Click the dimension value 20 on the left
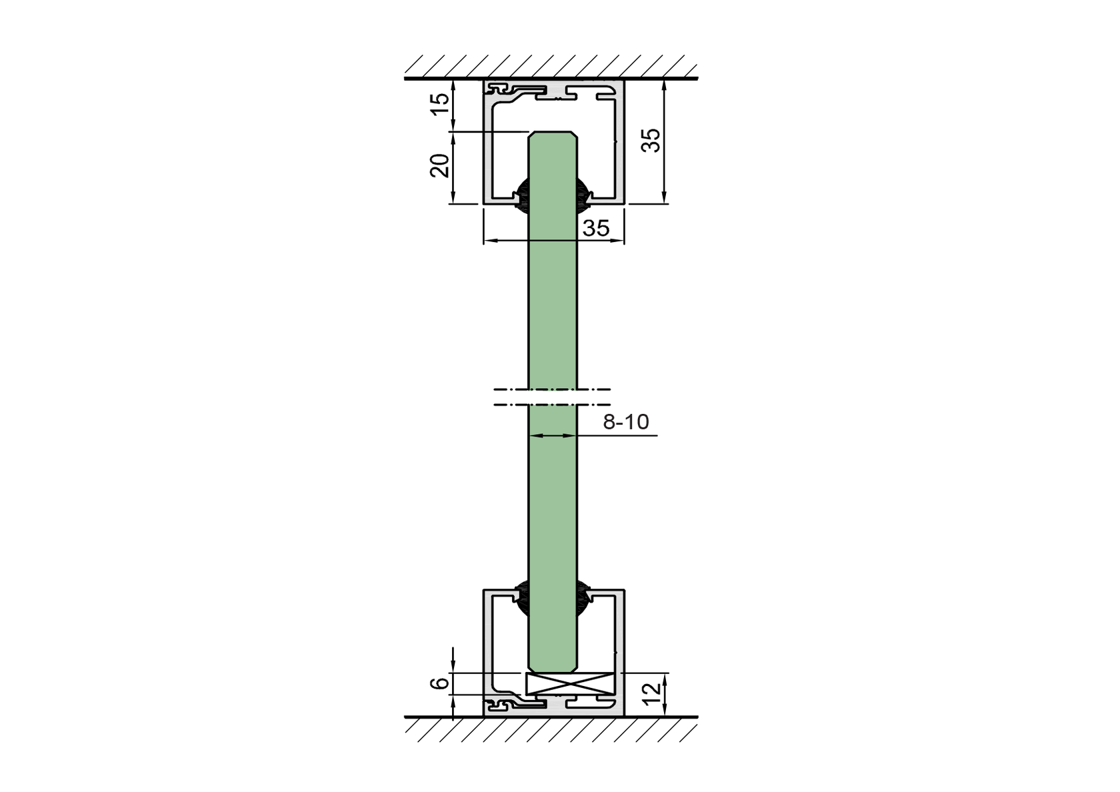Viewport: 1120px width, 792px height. tap(439, 165)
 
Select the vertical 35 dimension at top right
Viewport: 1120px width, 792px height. tap(651, 139)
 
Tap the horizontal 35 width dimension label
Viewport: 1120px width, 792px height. tap(596, 228)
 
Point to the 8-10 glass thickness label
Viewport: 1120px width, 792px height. tap(625, 422)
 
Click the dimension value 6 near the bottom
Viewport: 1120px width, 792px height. tap(439, 683)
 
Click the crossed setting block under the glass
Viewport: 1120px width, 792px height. tap(569, 683)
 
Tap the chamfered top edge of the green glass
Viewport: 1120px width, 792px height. tap(553, 133)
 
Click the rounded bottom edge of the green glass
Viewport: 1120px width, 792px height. tap(553, 669)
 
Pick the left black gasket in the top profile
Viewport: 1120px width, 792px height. tap(522, 196)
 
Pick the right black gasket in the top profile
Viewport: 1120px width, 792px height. tap(583, 196)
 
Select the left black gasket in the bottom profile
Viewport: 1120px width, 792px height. tap(522, 595)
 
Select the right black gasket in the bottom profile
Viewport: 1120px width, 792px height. tap(583, 595)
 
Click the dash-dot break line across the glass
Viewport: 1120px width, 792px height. tap(553, 397)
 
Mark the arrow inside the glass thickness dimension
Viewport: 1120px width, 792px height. tap(553, 436)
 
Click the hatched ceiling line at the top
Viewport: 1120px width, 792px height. tap(551, 78)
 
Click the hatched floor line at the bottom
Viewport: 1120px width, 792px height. tap(551, 718)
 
